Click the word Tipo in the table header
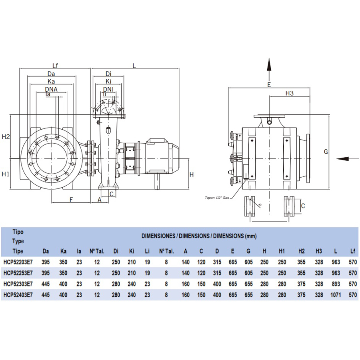18,232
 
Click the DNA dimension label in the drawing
51,89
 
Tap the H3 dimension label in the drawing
290,93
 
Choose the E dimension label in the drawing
269,84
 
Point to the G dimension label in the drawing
326,152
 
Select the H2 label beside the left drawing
6,137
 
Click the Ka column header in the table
63,251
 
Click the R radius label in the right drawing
260,205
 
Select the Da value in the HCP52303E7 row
46,284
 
